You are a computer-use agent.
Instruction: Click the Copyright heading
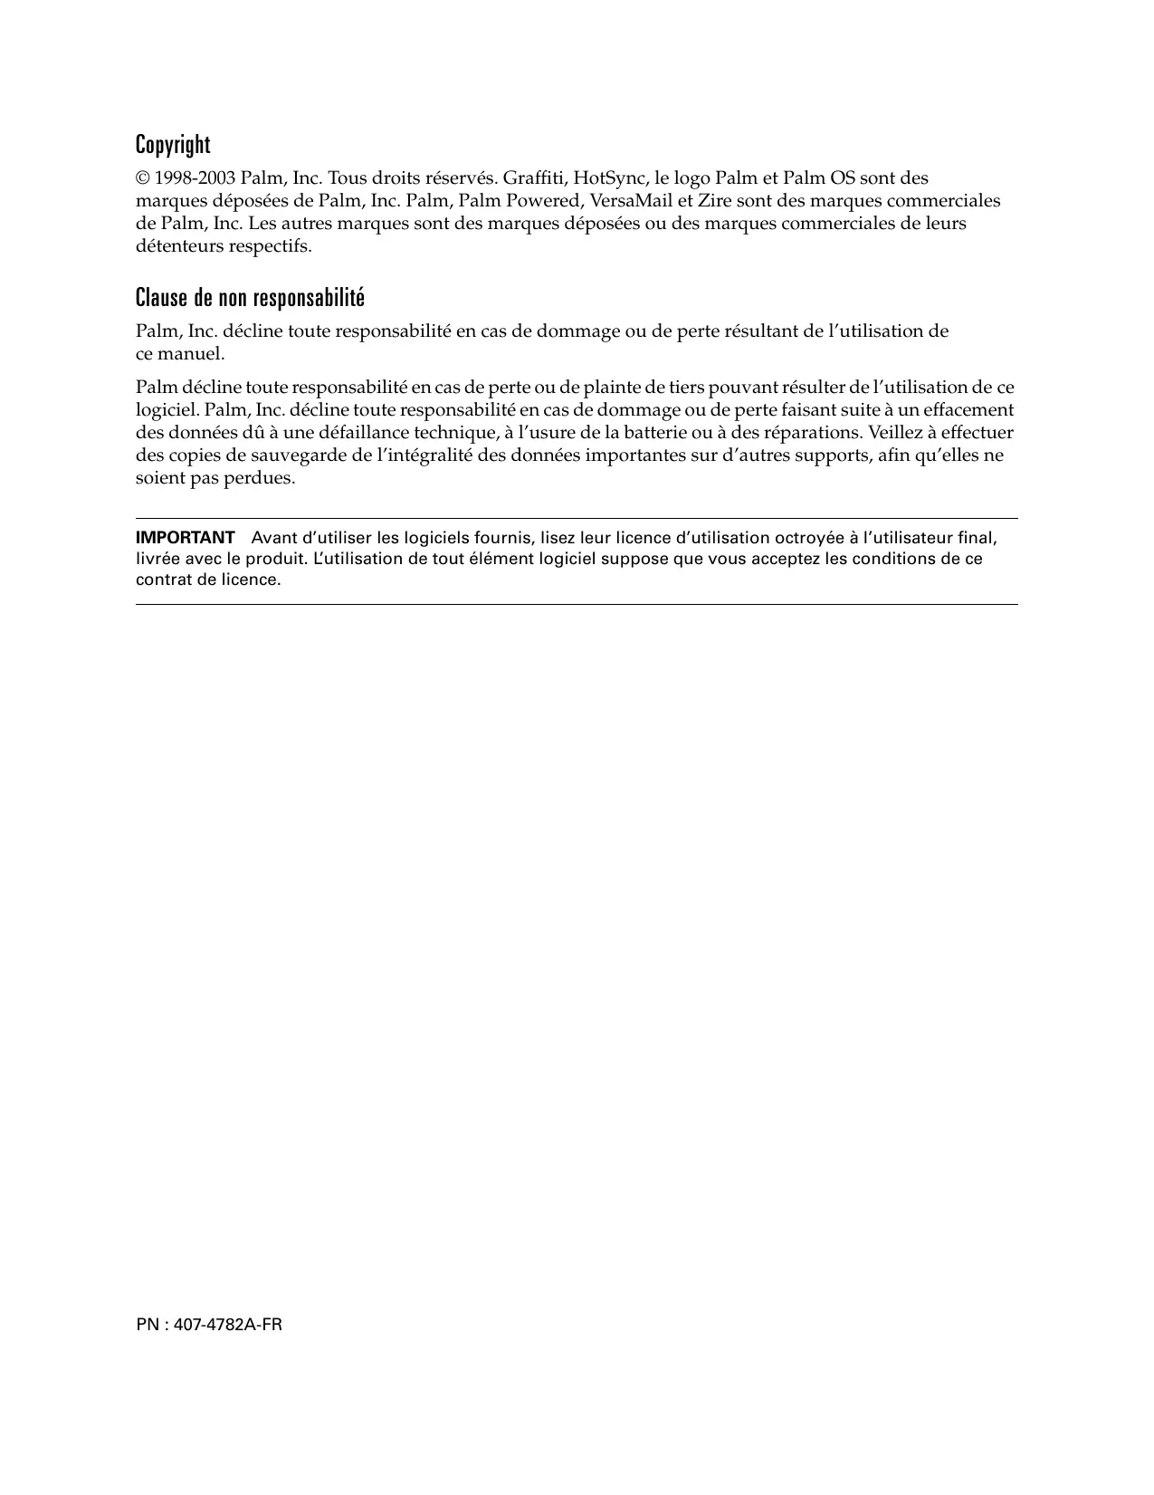click(x=173, y=145)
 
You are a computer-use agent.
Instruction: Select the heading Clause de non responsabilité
click(x=250, y=298)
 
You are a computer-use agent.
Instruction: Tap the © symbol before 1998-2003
click(x=142, y=178)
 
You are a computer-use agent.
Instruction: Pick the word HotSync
click(x=608, y=178)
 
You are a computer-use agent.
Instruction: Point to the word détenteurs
click(x=177, y=246)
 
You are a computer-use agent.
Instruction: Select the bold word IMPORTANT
click(x=185, y=538)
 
